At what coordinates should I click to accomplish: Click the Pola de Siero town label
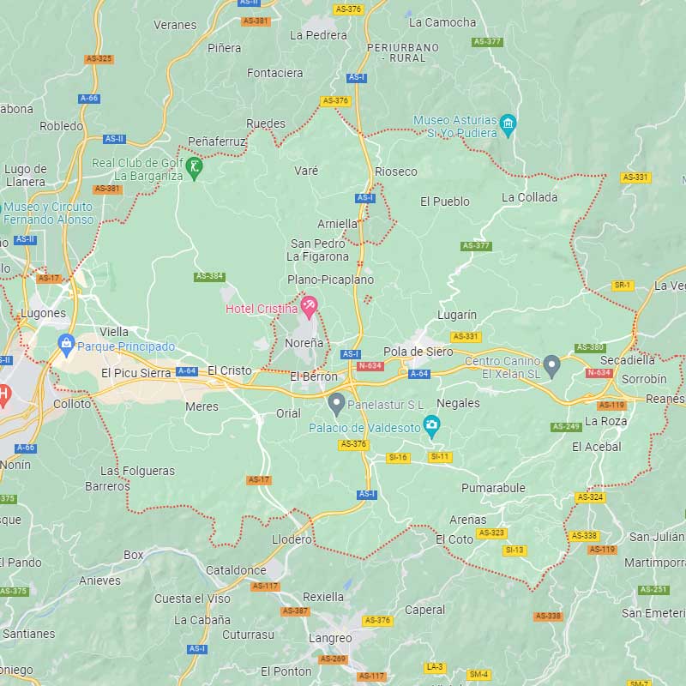(418, 352)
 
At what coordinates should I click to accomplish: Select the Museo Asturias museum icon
(508, 124)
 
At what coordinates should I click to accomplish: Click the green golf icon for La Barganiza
(196, 166)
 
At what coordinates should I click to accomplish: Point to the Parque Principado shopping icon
(66, 345)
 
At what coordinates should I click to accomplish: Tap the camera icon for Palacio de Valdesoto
(432, 424)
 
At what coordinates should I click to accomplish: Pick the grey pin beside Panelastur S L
(336, 401)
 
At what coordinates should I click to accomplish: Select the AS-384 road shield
(209, 276)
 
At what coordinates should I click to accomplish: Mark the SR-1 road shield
(623, 285)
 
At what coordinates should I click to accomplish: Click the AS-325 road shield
(99, 58)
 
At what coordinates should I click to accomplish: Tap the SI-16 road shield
(398, 458)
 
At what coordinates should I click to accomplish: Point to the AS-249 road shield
(567, 426)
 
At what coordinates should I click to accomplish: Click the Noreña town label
(304, 343)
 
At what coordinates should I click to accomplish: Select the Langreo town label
(330, 638)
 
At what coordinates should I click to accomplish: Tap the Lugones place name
(43, 313)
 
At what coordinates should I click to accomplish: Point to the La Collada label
(529, 197)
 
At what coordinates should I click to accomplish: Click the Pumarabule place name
(493, 488)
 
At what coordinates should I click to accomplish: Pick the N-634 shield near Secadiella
(599, 372)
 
